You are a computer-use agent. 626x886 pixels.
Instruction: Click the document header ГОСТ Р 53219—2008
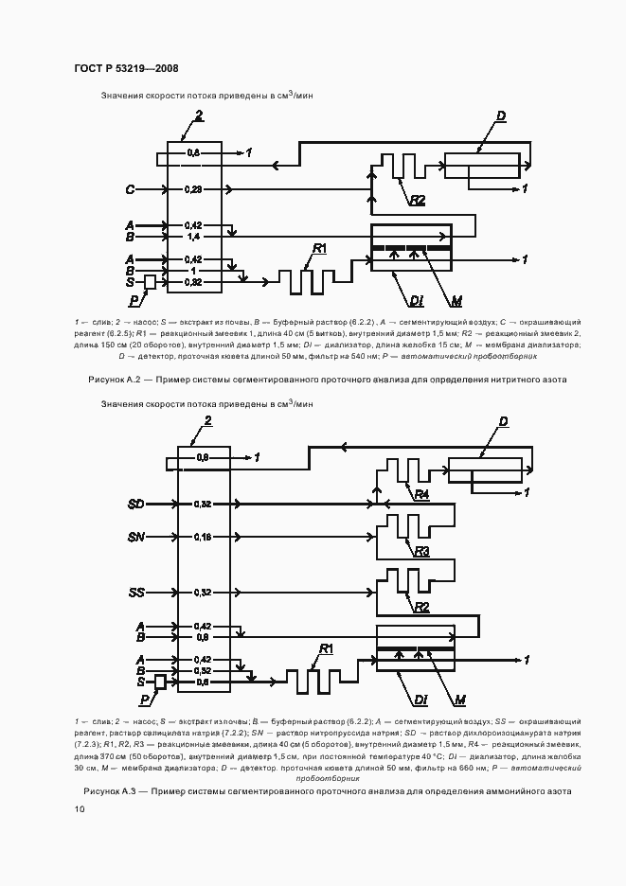[x=126, y=68]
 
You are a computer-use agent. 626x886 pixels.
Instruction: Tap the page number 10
[x=79, y=809]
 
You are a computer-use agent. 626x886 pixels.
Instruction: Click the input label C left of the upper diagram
[x=130, y=190]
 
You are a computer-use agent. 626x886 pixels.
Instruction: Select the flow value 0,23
[x=193, y=190]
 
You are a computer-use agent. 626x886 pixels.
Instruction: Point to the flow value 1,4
[x=193, y=237]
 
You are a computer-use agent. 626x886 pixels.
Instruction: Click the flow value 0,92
[x=193, y=282]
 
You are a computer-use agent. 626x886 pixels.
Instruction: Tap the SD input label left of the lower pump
[x=135, y=504]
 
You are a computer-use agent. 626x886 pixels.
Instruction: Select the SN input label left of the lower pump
[x=135, y=538]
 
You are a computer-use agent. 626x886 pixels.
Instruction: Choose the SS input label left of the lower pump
[x=135, y=592]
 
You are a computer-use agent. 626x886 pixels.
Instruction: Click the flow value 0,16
[x=202, y=538]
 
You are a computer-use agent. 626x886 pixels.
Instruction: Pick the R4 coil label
[x=421, y=495]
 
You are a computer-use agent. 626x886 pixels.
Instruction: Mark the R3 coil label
[x=421, y=550]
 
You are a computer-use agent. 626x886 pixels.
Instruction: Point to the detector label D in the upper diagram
[x=501, y=115]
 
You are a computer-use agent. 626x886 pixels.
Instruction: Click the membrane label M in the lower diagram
[x=459, y=700]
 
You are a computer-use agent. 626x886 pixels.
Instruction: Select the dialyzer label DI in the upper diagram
[x=415, y=302]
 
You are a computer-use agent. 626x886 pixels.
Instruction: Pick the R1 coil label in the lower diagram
[x=327, y=648]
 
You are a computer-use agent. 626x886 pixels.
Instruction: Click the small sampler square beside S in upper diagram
[x=150, y=282]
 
